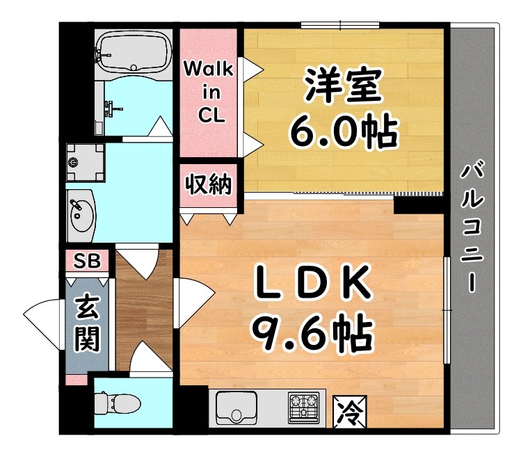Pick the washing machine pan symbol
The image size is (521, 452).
coord(85,163)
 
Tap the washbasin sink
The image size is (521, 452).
coord(81,211)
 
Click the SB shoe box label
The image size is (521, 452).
coord(87,261)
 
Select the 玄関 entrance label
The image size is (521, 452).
coord(88,324)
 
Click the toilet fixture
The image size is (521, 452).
coord(115,403)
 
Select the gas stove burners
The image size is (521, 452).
coord(303,406)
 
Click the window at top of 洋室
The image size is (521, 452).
coord(340,26)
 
